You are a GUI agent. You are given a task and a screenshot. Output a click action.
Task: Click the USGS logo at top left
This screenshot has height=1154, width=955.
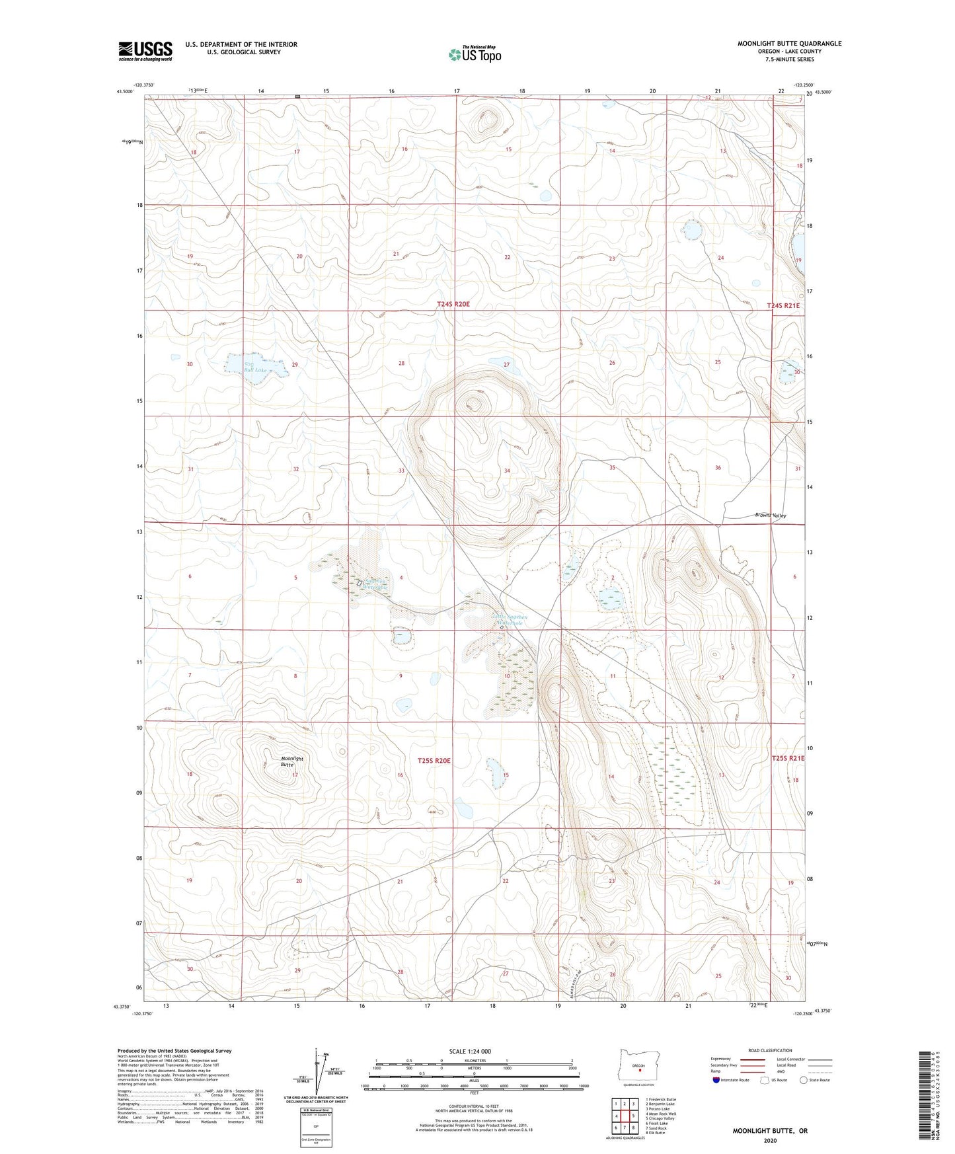pos(145,51)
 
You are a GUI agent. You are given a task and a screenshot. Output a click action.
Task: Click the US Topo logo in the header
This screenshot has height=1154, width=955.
pos(474,54)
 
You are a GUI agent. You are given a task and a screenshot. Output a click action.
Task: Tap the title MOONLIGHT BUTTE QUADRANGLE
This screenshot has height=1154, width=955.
pos(789,44)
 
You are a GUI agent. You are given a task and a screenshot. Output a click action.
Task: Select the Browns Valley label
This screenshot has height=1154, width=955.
pos(770,516)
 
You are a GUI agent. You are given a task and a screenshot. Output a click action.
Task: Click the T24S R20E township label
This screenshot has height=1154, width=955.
pos(453,304)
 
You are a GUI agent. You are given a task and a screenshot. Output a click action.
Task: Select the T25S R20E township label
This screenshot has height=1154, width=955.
pos(434,761)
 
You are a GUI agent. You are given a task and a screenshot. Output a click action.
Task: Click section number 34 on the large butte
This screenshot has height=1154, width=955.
pos(507,471)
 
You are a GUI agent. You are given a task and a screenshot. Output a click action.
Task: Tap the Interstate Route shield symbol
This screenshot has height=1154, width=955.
pos(717,1080)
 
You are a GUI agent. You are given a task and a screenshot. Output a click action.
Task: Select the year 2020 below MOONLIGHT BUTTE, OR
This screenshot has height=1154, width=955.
pos(769,1140)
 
